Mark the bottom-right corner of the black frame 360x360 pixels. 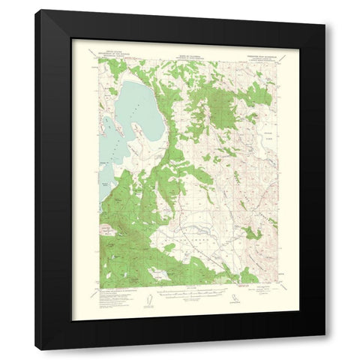point(324,349)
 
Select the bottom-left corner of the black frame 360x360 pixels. point(36,349)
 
